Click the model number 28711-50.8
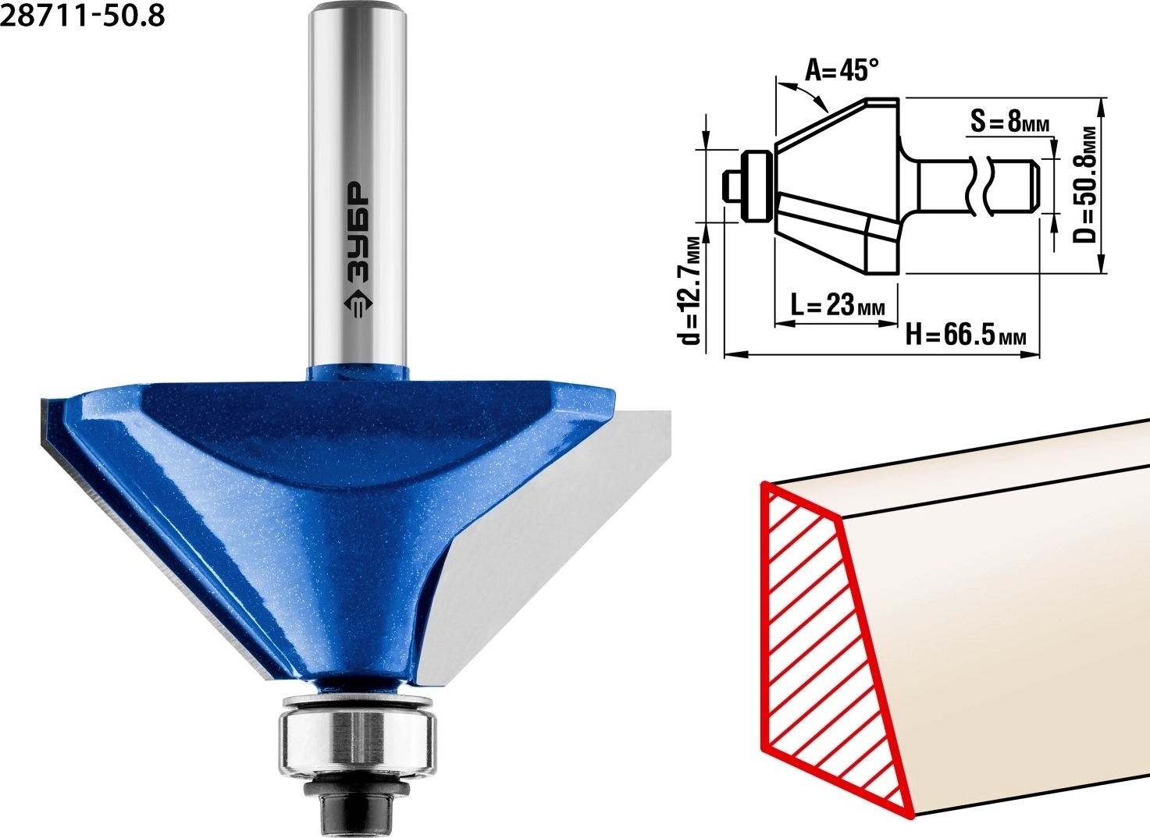click(x=83, y=16)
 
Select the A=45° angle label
click(x=842, y=69)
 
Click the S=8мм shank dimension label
click(x=1009, y=123)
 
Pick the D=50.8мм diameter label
click(x=1086, y=185)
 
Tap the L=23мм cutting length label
click(x=838, y=306)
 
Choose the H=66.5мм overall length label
click(x=966, y=336)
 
